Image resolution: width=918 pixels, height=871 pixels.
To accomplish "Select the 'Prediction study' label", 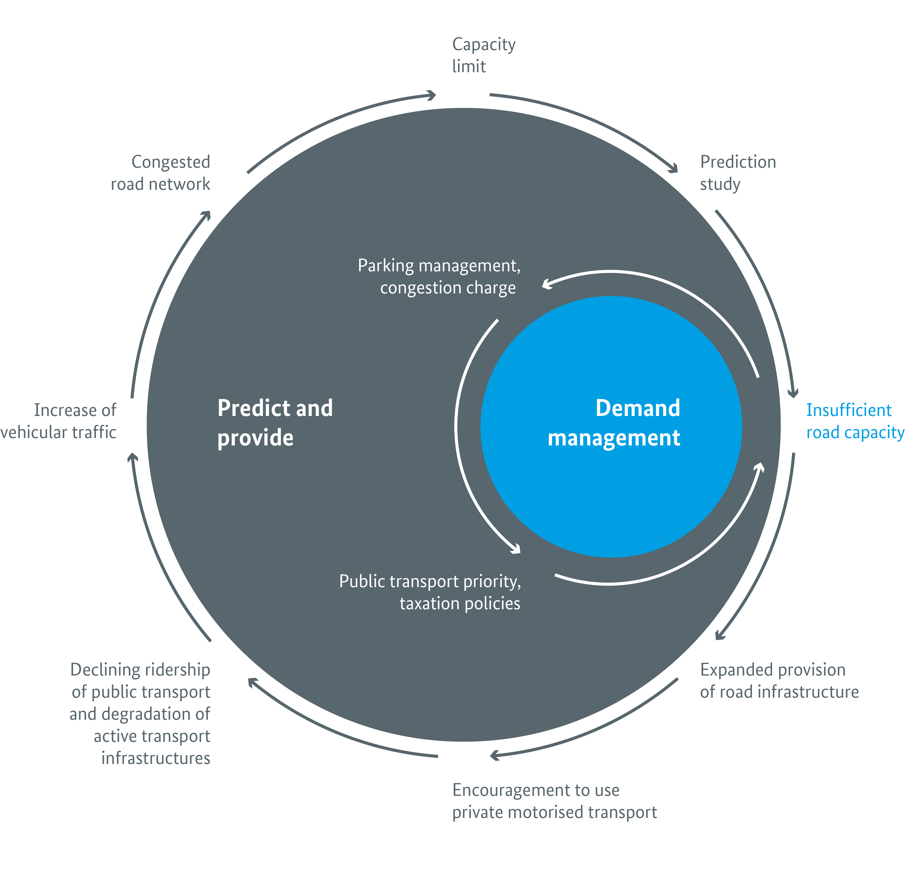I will (737, 173).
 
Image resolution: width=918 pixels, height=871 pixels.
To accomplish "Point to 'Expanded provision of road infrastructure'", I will (779, 681).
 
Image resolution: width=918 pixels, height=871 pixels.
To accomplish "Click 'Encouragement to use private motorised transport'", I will (554, 801).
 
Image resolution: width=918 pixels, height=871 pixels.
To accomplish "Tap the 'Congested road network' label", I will (161, 173).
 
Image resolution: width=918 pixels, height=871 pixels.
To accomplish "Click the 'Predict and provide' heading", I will (275, 423).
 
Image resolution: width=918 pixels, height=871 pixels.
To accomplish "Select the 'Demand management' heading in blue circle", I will (614, 423).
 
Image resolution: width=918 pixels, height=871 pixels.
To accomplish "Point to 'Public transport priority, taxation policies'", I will (430, 592).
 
